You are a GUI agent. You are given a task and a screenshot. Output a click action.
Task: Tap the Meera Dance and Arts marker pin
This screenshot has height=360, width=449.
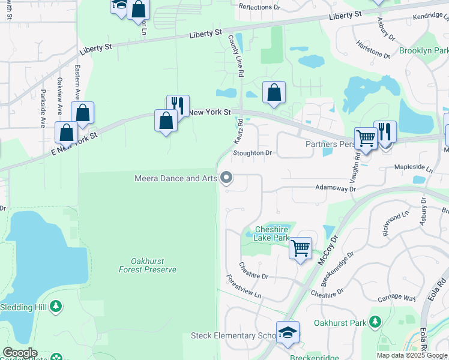226,178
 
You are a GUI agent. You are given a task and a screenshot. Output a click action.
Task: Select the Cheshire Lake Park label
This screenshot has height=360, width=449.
271,233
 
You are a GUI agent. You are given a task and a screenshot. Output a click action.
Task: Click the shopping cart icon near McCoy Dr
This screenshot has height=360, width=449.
300,247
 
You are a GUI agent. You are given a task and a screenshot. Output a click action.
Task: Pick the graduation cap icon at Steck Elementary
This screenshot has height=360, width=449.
288,332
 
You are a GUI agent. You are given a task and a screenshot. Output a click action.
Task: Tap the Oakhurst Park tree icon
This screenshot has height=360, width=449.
375,322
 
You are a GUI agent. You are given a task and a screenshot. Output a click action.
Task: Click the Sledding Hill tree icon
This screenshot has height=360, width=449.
56,307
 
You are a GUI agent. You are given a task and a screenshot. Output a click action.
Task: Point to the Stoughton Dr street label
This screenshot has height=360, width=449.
253,153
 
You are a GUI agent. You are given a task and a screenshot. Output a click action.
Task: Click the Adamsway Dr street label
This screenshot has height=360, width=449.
336,188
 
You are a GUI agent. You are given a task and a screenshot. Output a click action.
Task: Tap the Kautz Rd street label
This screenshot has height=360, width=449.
238,130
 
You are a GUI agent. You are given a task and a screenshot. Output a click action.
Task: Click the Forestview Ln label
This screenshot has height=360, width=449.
244,287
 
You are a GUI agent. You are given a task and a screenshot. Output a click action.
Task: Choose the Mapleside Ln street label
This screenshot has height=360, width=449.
413,169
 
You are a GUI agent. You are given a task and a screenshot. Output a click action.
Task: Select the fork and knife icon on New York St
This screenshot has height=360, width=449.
178,105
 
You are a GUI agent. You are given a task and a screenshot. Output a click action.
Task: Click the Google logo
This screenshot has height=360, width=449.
20,353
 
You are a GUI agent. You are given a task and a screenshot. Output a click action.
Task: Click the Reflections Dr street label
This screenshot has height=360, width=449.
260,7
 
